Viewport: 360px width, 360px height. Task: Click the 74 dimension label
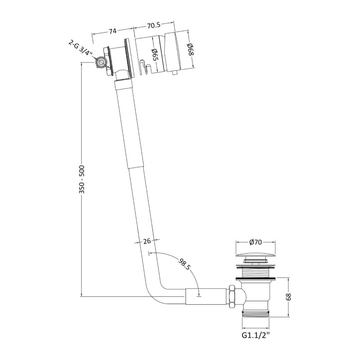(x=112, y=31)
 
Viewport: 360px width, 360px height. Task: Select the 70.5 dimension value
(x=153, y=25)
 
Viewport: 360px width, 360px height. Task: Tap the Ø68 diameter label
(x=190, y=49)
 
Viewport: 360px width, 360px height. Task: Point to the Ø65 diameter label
(x=154, y=54)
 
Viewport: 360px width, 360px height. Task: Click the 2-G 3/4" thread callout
(x=81, y=49)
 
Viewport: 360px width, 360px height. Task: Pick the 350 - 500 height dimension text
(x=82, y=179)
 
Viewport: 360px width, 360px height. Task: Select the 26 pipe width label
(x=147, y=241)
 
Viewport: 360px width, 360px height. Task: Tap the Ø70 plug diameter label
(x=256, y=242)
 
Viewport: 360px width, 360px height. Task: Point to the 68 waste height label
(x=288, y=297)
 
